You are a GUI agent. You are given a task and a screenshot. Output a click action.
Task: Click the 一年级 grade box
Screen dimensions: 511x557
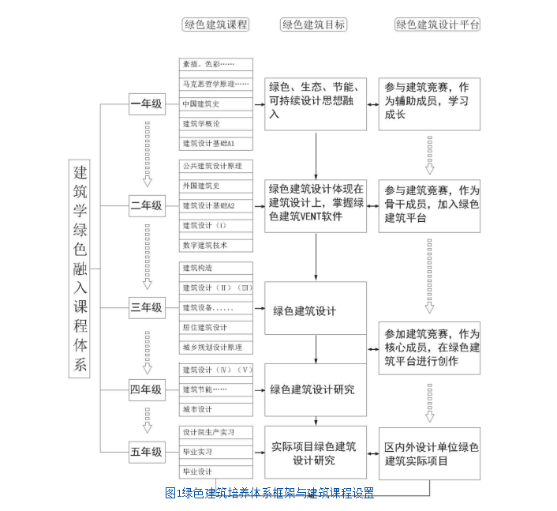click(x=147, y=103)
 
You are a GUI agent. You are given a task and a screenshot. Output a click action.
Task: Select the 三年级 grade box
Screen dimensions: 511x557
click(x=147, y=307)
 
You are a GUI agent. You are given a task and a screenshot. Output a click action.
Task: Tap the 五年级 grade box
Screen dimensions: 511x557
click(x=147, y=452)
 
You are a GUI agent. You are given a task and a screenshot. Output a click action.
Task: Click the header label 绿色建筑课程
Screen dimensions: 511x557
click(x=216, y=24)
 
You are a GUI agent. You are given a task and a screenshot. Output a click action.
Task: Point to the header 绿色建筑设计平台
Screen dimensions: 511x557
click(x=438, y=24)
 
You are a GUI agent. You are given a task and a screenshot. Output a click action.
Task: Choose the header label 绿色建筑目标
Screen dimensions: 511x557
click(x=313, y=24)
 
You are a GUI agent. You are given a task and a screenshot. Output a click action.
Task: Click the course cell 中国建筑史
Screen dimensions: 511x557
click(x=215, y=103)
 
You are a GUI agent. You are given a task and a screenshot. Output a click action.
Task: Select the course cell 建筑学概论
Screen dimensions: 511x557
click(x=215, y=123)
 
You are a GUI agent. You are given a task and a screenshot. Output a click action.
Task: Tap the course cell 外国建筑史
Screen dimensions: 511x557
click(x=215, y=186)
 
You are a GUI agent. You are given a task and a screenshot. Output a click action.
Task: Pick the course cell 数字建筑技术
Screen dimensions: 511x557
click(x=215, y=245)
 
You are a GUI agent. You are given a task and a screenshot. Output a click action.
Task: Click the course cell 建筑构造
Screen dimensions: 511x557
click(x=215, y=268)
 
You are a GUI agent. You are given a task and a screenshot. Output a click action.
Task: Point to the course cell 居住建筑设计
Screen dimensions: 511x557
click(x=215, y=327)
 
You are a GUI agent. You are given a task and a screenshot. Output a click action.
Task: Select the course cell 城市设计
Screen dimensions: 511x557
click(x=215, y=409)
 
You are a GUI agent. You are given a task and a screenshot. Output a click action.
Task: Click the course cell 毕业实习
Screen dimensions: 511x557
click(x=215, y=452)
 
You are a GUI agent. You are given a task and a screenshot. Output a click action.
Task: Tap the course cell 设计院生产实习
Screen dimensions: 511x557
click(x=215, y=432)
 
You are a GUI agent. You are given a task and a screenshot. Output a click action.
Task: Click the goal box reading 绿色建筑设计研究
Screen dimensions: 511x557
click(x=315, y=389)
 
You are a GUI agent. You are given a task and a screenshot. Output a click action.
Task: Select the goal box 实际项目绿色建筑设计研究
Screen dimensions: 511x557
click(x=315, y=453)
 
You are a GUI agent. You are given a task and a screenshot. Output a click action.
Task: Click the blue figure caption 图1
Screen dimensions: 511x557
click(x=269, y=493)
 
